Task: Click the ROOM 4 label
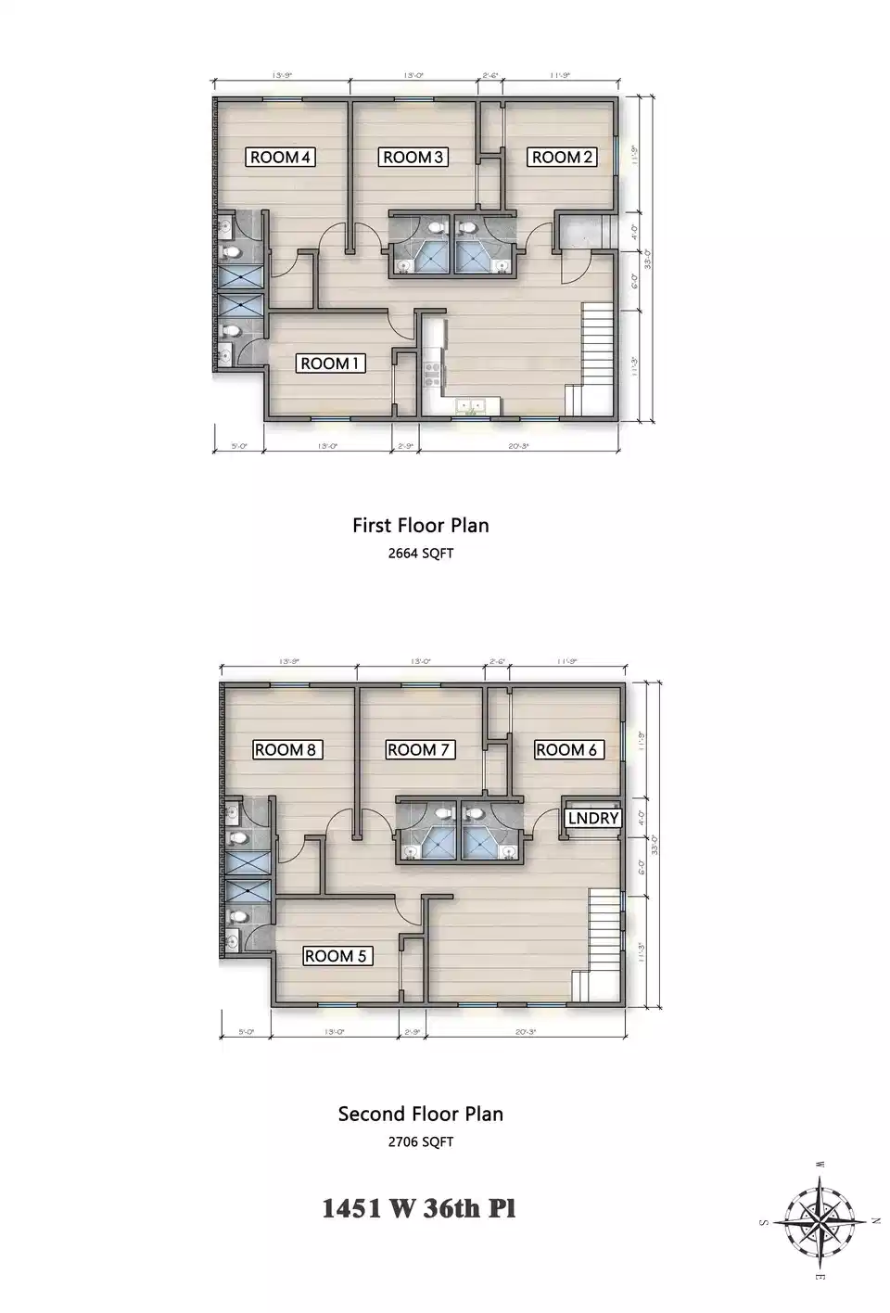[x=281, y=157]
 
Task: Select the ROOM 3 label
[x=414, y=157]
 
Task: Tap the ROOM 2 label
[x=562, y=157]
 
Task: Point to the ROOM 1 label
[x=330, y=363]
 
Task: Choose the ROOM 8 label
[x=287, y=749]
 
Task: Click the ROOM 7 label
[x=420, y=749]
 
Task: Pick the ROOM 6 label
[x=566, y=749]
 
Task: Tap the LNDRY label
[x=592, y=818]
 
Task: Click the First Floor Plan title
[x=420, y=525]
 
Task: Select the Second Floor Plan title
[x=420, y=1114]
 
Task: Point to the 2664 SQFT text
[x=420, y=554]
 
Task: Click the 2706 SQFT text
[x=420, y=1141]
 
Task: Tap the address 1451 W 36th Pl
[x=418, y=1208]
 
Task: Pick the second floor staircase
[x=603, y=944]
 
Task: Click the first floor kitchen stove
[x=432, y=373]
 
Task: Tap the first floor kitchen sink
[x=473, y=405]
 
